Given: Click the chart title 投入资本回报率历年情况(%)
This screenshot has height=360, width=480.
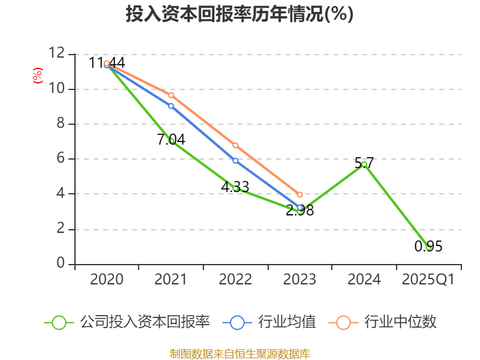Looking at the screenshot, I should tap(239, 14).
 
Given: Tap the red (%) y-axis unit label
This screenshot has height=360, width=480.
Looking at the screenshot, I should tap(37, 76).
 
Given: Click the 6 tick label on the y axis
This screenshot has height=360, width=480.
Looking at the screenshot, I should tap(61, 159).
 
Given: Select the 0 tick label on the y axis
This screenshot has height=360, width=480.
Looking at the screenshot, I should tap(61, 264).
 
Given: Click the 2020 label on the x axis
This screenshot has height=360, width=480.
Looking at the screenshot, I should tap(107, 280).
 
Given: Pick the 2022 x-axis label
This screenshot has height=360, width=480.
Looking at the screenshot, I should tap(235, 280).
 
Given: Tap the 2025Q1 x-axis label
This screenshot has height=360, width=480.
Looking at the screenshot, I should tap(428, 280).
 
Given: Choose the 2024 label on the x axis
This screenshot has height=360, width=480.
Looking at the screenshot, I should tap(364, 280).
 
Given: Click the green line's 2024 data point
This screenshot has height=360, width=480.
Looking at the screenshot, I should tap(364, 164).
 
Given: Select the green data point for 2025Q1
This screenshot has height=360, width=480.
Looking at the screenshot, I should tap(428, 247).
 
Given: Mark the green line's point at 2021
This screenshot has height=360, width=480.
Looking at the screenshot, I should tap(171, 140).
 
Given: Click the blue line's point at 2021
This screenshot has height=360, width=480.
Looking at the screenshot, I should tap(171, 106).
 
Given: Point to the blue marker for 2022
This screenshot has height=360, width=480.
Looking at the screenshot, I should tap(235, 160).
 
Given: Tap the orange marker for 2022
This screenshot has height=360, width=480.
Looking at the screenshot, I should tap(235, 145).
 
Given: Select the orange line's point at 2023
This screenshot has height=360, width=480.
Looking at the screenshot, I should tap(300, 194).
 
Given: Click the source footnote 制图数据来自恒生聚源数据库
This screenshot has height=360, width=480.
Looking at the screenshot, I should tap(239, 353).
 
